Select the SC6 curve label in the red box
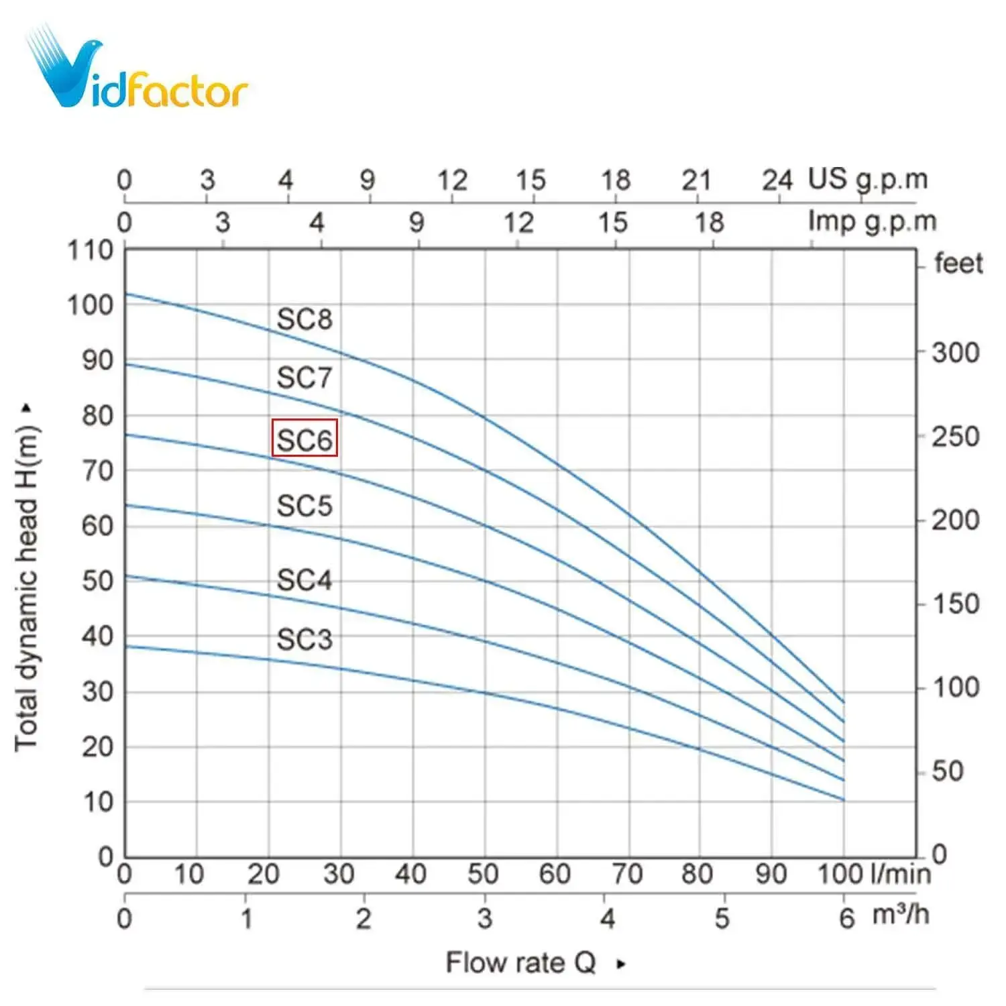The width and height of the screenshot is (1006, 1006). (x=304, y=439)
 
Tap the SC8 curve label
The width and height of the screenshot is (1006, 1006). (x=304, y=319)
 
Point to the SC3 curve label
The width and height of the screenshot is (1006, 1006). (x=304, y=639)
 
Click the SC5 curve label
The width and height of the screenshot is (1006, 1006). (x=304, y=506)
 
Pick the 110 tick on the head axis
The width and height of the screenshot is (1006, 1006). (x=90, y=251)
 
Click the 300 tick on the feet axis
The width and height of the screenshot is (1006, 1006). (x=955, y=352)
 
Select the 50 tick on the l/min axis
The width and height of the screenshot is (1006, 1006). (x=483, y=874)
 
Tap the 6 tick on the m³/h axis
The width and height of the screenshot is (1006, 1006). (x=847, y=918)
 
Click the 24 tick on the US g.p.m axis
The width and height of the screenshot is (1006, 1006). (x=777, y=180)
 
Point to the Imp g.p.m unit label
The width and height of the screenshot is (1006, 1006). (x=871, y=221)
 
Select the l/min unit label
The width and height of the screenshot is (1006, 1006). (x=901, y=873)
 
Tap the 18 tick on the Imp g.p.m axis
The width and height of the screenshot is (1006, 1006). (x=709, y=222)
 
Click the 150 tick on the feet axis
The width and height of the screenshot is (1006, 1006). (x=955, y=604)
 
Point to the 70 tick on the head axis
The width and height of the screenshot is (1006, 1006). (x=97, y=471)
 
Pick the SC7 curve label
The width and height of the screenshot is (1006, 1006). (x=304, y=378)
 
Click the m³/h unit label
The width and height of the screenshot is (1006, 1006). (x=900, y=915)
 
